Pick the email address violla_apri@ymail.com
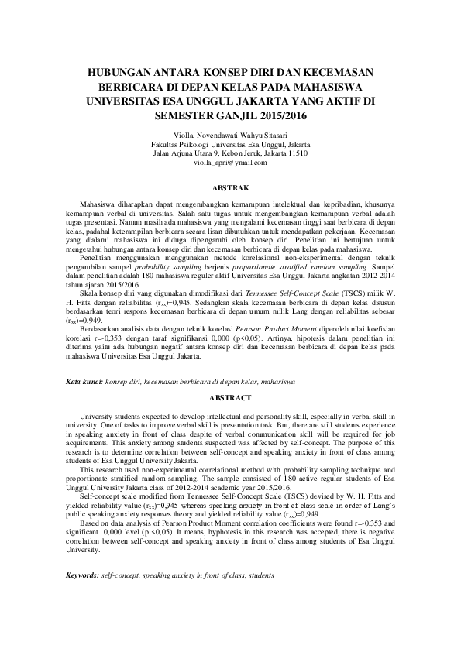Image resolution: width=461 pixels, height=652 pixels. point(230,163)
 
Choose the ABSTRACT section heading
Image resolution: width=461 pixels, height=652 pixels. point(230,397)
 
